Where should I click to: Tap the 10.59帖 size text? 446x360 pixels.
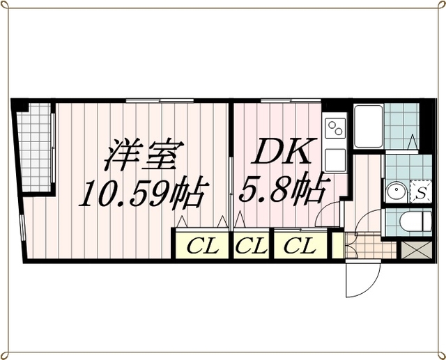coord(141,193)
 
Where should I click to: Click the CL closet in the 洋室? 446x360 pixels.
coord(202,244)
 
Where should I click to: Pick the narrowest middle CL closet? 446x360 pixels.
coord(251,244)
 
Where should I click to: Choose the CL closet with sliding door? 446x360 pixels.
coord(300,244)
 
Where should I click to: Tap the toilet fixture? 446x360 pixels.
coord(415,221)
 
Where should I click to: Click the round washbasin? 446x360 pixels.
coord(396,190)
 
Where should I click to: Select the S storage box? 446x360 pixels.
coord(421,191)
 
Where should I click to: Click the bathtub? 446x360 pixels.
coord(369,126)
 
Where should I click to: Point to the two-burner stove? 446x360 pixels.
coord(335,128)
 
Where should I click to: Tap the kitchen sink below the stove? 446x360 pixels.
coord(335,159)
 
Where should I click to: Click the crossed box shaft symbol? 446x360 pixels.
coord(417,250)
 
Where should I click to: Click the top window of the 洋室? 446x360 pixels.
coord(160,100)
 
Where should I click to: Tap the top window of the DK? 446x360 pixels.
coord(291,100)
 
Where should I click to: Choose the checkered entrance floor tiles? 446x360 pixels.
coord(371,246)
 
